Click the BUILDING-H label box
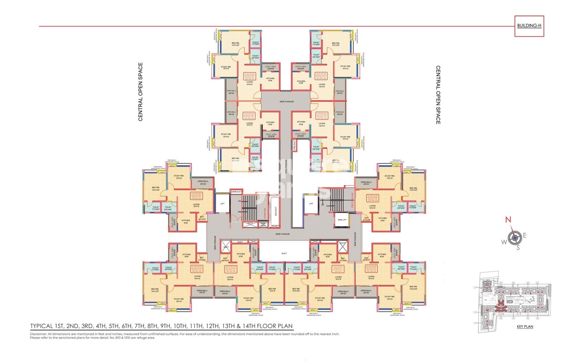(x=529, y=26)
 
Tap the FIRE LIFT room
(x=342, y=220)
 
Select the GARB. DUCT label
(x=236, y=192)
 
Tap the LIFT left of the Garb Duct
(x=222, y=204)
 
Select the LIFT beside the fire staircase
(x=311, y=204)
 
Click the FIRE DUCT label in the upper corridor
(x=294, y=145)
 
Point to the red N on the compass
(x=508, y=220)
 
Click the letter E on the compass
(x=524, y=236)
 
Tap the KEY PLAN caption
(x=525, y=327)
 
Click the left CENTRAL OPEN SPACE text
(x=141, y=92)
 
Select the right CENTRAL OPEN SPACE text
(x=438, y=95)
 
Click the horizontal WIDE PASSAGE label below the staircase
(x=283, y=234)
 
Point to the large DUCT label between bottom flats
(x=284, y=253)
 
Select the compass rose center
(x=514, y=238)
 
